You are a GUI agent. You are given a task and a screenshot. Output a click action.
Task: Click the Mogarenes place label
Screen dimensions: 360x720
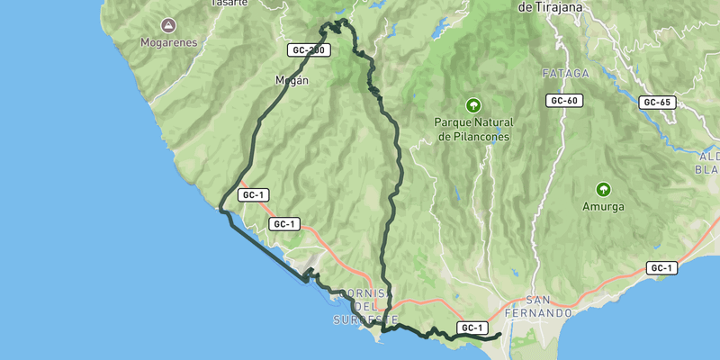tap(168, 42)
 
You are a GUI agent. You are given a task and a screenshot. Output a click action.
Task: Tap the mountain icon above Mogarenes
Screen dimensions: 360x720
tap(168, 25)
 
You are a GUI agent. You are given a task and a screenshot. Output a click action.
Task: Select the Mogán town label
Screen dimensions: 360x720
tap(292, 80)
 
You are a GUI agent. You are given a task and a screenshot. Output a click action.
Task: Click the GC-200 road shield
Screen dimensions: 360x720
tap(307, 50)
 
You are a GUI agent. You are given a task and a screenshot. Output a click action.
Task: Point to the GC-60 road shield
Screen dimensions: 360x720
tap(562, 100)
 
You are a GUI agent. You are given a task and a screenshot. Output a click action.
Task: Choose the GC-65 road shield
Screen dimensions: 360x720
tap(658, 103)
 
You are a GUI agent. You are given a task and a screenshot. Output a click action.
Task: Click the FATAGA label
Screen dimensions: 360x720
tap(566, 74)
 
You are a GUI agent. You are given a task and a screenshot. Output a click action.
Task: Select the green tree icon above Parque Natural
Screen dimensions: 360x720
tap(473, 105)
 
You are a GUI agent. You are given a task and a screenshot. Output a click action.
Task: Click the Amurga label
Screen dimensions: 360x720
tap(603, 206)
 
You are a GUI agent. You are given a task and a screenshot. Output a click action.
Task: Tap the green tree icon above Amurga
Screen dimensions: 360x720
tap(603, 189)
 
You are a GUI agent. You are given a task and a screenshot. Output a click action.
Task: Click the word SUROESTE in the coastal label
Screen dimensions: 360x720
tap(365, 319)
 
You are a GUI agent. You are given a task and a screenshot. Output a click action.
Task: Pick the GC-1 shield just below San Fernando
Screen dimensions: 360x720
tap(472, 328)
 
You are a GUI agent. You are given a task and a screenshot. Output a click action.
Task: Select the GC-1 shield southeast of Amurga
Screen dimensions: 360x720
tap(661, 268)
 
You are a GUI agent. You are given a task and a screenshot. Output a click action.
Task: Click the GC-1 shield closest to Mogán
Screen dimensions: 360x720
tap(255, 194)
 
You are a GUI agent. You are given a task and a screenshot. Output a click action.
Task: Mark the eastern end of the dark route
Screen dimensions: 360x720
tap(499, 335)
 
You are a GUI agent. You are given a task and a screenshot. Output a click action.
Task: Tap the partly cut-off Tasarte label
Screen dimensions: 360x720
tap(229, 3)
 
